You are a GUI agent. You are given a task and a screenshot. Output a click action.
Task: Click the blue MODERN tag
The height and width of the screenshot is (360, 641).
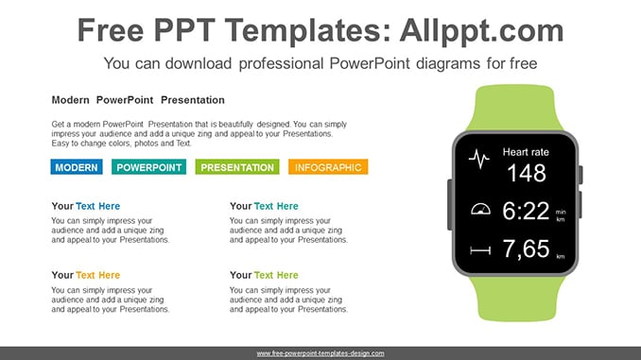pyautogui.click(x=77, y=167)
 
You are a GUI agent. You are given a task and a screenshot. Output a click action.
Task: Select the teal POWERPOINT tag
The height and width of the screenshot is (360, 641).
pyautogui.click(x=148, y=167)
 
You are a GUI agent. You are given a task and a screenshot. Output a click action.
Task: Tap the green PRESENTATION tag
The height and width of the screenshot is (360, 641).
pyautogui.click(x=237, y=167)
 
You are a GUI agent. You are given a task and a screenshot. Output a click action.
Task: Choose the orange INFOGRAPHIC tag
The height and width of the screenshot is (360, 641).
pyautogui.click(x=328, y=167)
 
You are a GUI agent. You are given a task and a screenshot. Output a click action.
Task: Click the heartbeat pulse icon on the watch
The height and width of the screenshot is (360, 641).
pyautogui.click(x=479, y=159)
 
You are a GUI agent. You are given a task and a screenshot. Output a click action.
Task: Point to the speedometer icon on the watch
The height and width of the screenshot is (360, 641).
pyautogui.click(x=480, y=209)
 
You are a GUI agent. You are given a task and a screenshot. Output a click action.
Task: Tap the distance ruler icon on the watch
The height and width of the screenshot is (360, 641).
pyautogui.click(x=480, y=250)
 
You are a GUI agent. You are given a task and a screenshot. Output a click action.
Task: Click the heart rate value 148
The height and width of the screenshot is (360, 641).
pyautogui.click(x=527, y=173)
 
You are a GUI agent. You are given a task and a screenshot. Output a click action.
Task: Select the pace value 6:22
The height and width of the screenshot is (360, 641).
pyautogui.click(x=526, y=211)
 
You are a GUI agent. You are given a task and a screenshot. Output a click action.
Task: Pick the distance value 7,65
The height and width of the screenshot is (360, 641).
pyautogui.click(x=526, y=249)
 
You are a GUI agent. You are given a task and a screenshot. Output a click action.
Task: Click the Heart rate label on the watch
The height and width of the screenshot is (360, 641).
pyautogui.click(x=526, y=152)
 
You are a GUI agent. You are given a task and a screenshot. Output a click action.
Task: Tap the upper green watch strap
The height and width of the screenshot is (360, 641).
pyautogui.click(x=515, y=108)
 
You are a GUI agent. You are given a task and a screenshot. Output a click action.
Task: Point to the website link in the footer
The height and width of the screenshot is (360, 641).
pyautogui.click(x=320, y=353)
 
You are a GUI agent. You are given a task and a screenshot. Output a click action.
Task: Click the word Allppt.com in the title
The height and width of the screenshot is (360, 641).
pyautogui.click(x=481, y=30)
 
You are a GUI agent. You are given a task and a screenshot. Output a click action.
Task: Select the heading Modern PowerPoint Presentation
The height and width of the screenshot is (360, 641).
pyautogui.click(x=138, y=100)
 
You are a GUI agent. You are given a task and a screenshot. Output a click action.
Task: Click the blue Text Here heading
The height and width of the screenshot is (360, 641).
pyautogui.click(x=97, y=206)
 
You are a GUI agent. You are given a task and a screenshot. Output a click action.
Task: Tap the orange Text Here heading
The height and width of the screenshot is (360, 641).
pyautogui.click(x=97, y=275)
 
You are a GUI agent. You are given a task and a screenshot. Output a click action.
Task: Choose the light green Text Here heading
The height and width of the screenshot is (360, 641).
pyautogui.click(x=276, y=275)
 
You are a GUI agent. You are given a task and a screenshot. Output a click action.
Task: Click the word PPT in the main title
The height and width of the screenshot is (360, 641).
pyautogui.click(x=184, y=30)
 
